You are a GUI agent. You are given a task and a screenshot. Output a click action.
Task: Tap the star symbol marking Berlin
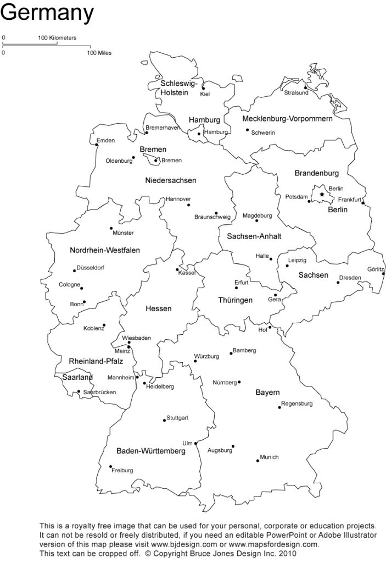322,195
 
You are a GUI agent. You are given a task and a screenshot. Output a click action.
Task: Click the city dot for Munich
258,460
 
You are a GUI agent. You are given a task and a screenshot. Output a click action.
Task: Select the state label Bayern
267,393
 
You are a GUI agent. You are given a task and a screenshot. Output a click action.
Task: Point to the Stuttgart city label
177,418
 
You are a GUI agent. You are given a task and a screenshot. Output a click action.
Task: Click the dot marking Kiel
203,88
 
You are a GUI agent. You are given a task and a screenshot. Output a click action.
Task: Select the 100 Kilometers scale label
57,38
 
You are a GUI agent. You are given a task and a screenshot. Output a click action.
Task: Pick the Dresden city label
350,278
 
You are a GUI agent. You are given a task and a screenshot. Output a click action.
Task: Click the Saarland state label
77,378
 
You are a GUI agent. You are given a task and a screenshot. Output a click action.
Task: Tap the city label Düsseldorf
91,268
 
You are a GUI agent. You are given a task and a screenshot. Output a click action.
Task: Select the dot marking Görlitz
383,274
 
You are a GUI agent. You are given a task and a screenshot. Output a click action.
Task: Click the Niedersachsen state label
171,180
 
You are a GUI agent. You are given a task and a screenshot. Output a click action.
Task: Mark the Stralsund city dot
305,87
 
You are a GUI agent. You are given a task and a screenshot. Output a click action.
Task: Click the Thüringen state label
235,300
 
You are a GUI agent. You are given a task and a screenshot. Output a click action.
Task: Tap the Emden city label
105,141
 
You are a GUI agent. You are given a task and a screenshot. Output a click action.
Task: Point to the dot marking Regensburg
279,407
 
